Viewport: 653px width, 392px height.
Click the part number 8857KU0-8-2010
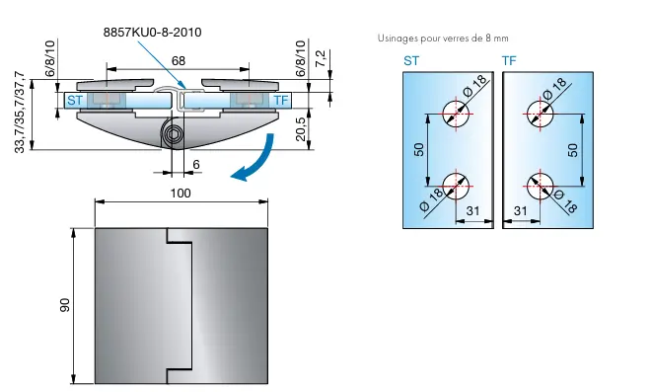pyautogui.click(x=152, y=33)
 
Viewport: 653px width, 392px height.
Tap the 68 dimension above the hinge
pyautogui.click(x=179, y=61)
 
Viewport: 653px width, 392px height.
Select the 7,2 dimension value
pyautogui.click(x=321, y=59)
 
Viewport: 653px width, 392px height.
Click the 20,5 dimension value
pyautogui.click(x=300, y=129)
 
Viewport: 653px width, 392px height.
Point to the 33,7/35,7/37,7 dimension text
pyautogui.click(x=20, y=113)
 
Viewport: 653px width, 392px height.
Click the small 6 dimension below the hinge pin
pyautogui.click(x=196, y=164)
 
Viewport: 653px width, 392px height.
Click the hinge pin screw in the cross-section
pyautogui.click(x=174, y=134)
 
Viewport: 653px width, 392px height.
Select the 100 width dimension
pyautogui.click(x=181, y=194)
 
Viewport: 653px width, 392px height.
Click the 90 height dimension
pyautogui.click(x=64, y=305)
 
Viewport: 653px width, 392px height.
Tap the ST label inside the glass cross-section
pyautogui.click(x=75, y=101)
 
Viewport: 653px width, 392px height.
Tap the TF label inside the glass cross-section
pyautogui.click(x=281, y=101)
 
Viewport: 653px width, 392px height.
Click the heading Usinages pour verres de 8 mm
pyautogui.click(x=443, y=39)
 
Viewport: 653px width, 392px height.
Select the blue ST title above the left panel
pyautogui.click(x=411, y=61)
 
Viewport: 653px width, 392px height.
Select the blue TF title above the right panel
pyautogui.click(x=509, y=61)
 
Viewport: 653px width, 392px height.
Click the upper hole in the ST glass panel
pyautogui.click(x=456, y=114)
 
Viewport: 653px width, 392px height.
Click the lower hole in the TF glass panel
pyautogui.click(x=540, y=187)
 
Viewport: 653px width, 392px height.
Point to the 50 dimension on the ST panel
pyautogui.click(x=419, y=149)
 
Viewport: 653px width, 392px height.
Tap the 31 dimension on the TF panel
pyautogui.click(x=520, y=211)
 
